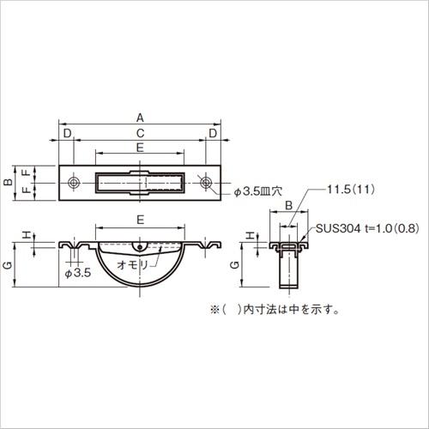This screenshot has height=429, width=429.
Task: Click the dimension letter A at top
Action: click(140, 118)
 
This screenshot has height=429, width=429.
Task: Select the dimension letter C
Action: click(140, 133)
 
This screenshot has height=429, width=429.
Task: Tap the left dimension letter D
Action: click(67, 133)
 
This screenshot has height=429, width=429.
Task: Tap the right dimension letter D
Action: click(213, 133)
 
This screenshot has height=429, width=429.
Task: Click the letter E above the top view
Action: click(140, 148)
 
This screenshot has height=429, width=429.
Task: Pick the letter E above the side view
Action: click(140, 220)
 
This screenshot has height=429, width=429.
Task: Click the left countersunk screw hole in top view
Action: click(74, 182)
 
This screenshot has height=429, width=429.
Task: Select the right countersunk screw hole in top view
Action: click(205, 182)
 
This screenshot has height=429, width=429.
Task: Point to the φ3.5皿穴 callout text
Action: click(258, 191)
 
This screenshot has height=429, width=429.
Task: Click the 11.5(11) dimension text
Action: click(351, 190)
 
